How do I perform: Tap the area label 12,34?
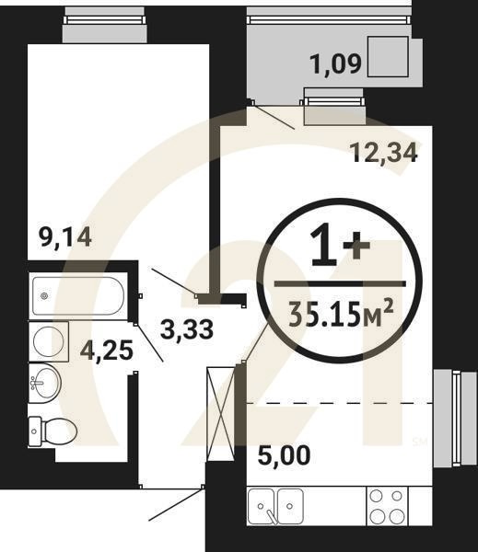(x=384, y=152)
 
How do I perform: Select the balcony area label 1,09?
(x=337, y=65)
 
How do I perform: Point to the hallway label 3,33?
(x=187, y=328)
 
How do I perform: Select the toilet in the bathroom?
(x=46, y=431)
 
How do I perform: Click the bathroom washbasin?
(x=44, y=382)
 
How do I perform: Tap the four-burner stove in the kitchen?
(x=388, y=505)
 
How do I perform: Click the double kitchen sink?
(x=276, y=505)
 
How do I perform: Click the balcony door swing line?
(x=274, y=115)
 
